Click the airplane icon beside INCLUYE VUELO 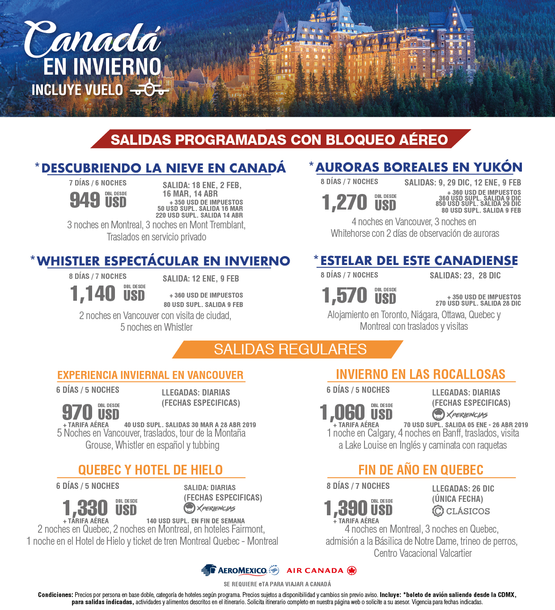(x=150, y=88)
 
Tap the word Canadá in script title (x=93, y=39)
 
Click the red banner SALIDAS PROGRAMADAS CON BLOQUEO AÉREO (x=280, y=139)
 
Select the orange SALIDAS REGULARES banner (x=290, y=349)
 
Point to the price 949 (x=85, y=200)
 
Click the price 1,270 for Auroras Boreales (x=344, y=202)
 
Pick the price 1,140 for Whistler (x=93, y=294)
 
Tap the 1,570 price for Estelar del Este (x=344, y=295)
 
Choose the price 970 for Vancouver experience (x=77, y=412)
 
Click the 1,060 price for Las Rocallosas (x=343, y=412)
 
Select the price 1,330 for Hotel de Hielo (x=85, y=508)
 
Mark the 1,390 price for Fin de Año (x=346, y=508)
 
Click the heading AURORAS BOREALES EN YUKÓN (x=419, y=168)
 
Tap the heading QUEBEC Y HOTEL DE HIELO (x=150, y=470)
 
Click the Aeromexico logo (x=240, y=570)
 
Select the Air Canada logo (x=321, y=571)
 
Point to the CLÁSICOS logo (x=461, y=511)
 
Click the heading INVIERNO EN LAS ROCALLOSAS (x=420, y=374)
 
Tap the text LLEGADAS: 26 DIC (x=463, y=489)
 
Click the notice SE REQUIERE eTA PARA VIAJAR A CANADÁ (x=277, y=584)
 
